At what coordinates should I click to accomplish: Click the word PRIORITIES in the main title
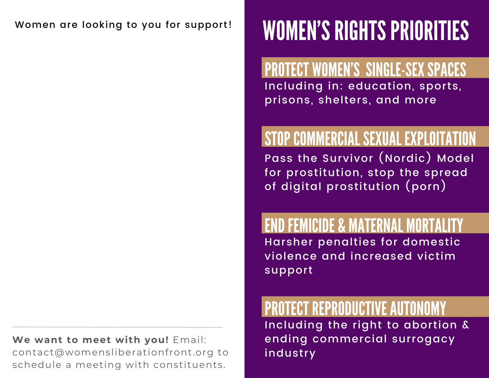coord(429,31)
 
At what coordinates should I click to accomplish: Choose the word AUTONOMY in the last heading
coord(418,308)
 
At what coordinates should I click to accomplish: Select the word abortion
coord(430,325)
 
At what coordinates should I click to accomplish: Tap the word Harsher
coord(289,242)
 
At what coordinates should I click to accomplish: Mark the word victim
coord(436,256)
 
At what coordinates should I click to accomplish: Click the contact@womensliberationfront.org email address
coord(113,353)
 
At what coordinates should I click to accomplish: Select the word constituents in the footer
coord(189,365)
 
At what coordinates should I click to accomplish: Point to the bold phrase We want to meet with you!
coord(90,340)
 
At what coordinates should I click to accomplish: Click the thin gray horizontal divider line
coord(117,327)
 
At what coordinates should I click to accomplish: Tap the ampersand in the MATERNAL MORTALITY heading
coord(341,225)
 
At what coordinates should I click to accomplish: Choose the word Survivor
coord(348,158)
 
